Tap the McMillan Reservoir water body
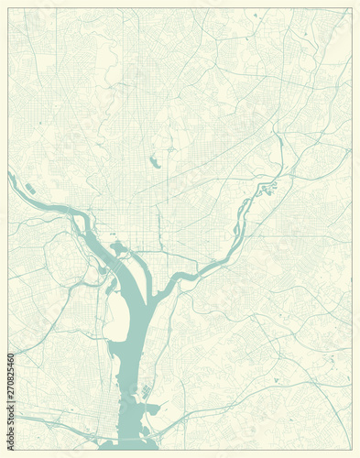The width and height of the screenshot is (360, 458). (154, 162)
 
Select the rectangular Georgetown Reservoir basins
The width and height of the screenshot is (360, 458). (30, 188)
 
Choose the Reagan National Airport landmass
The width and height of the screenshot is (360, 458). (116, 316)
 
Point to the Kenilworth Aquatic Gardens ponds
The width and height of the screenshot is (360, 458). (269, 189)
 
